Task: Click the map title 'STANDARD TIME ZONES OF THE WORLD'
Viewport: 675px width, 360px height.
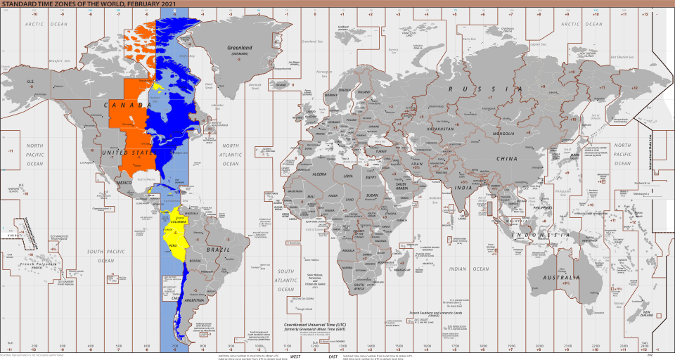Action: [x=71, y=4]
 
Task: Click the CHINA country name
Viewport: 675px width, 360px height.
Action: [x=508, y=159]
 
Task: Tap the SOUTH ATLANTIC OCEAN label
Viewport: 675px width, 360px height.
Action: [x=285, y=280]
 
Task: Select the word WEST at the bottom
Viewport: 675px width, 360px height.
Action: [x=295, y=356]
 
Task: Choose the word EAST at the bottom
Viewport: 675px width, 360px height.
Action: [x=333, y=356]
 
